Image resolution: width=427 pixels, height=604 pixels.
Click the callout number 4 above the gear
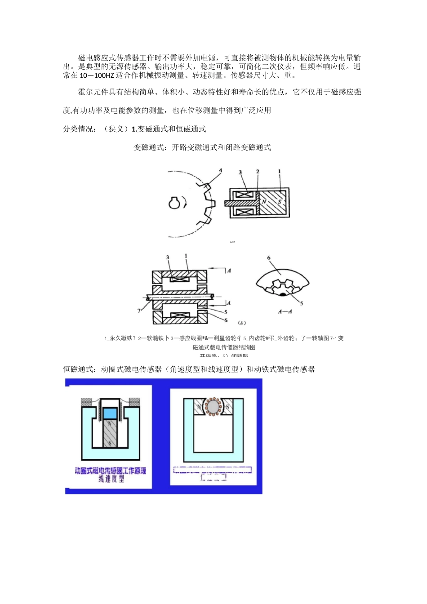pos(220,170)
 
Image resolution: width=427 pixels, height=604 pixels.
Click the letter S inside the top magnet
pos(279,202)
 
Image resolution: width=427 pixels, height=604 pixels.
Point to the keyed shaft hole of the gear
pos(174,203)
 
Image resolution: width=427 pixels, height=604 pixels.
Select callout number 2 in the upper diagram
pos(258,172)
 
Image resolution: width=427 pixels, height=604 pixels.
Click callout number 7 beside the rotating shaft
pos(140,311)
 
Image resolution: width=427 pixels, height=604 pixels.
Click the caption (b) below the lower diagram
pos(241,323)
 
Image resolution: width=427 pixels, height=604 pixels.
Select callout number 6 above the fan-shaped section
pos(269,258)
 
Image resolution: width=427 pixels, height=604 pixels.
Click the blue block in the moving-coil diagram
pos(110,413)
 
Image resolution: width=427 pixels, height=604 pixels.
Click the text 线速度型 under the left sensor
pos(111,479)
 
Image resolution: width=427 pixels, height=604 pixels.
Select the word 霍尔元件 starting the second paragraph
pos(93,92)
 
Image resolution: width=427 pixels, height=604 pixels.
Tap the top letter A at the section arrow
pos(229,270)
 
